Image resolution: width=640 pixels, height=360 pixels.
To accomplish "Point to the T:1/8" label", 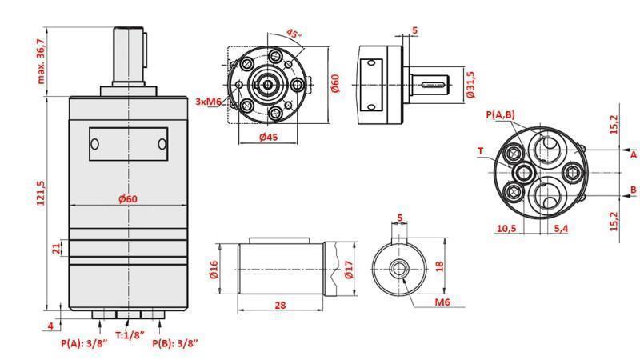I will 129,335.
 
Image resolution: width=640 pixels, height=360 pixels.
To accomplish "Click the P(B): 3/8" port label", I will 175,343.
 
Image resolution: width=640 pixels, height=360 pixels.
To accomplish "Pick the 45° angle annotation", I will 294,34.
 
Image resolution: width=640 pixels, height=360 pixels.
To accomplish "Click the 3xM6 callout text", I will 210,102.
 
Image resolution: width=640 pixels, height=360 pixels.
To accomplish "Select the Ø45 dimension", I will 269,137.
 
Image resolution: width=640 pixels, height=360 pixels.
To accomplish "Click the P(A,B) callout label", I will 501,115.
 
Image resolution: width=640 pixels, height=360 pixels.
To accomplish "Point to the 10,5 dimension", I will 506,229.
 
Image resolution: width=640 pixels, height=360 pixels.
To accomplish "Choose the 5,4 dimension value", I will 562,229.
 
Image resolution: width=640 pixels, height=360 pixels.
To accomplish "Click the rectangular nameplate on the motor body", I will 128,143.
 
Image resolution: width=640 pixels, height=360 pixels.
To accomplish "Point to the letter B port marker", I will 633,190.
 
